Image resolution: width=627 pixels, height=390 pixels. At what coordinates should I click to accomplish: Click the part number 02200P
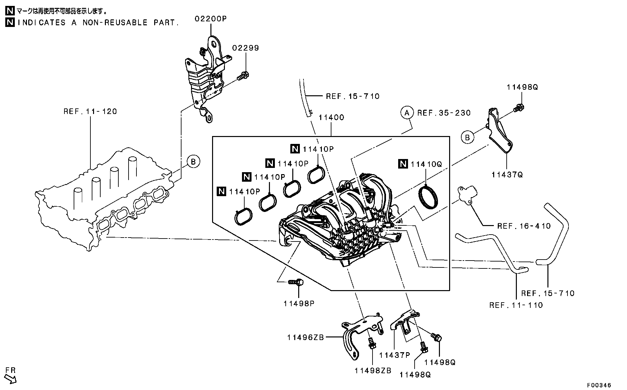click(211, 19)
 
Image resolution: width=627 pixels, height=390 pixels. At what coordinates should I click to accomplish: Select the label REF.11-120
click(90, 111)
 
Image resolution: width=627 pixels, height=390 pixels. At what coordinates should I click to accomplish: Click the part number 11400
click(331, 118)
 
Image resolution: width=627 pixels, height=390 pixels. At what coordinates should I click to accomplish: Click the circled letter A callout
click(407, 113)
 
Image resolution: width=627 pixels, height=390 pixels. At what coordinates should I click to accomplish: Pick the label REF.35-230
click(444, 113)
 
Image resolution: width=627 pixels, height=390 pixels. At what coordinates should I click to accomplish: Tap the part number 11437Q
click(507, 175)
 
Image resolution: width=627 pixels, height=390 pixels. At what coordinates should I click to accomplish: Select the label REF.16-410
click(524, 226)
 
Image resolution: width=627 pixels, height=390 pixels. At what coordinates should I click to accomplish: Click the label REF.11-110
click(516, 305)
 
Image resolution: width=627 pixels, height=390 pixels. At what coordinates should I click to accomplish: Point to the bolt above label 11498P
click(296, 282)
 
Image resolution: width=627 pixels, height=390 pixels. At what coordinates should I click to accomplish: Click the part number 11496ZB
click(306, 337)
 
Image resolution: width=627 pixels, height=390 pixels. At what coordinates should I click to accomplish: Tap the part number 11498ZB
click(373, 371)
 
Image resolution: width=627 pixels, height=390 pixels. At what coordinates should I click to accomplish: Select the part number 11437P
click(395, 355)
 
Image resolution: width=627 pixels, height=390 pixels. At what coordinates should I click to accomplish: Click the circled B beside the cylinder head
click(193, 162)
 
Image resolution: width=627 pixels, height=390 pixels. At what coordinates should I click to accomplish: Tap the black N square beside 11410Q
click(403, 164)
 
